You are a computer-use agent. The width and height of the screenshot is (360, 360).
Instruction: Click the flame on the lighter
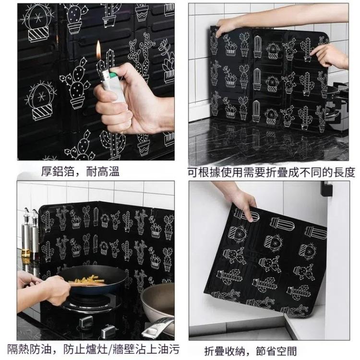click(x=98, y=50)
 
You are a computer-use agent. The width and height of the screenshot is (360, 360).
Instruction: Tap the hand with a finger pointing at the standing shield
click(x=330, y=55)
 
